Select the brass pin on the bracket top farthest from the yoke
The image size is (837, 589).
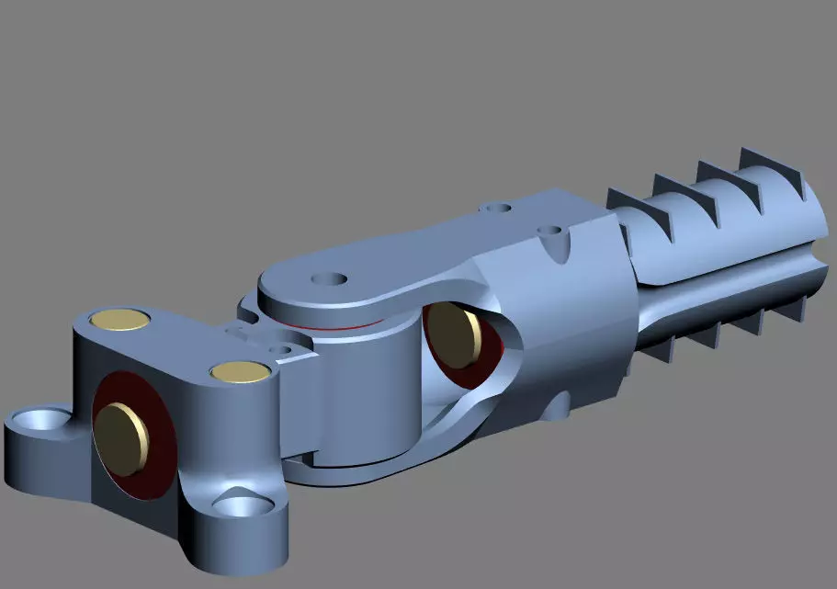[x=120, y=319]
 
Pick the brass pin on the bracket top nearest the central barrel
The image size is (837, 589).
[x=238, y=371]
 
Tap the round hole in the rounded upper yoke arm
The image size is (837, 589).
[x=327, y=278]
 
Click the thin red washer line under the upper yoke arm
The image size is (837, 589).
[x=335, y=327]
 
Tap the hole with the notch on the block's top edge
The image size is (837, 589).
[x=553, y=234]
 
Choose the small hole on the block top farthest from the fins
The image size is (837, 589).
[x=497, y=208]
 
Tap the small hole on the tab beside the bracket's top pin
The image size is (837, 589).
[x=286, y=350]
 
